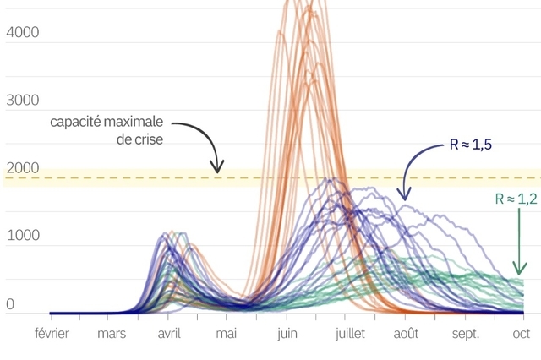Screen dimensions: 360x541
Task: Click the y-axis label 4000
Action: [22, 33]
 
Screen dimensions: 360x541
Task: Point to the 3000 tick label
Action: [22, 101]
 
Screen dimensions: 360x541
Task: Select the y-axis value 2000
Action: [22, 168]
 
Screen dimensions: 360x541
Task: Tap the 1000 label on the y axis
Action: [22, 236]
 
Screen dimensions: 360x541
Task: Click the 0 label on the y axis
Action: [10, 303]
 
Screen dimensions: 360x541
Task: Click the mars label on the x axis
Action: [112, 334]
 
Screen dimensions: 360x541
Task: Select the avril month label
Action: [170, 334]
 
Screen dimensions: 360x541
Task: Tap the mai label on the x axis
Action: [226, 334]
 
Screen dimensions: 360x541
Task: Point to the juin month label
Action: [287, 334]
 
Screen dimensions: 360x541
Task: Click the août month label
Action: [407, 334]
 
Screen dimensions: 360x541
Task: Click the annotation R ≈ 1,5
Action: [471, 145]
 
